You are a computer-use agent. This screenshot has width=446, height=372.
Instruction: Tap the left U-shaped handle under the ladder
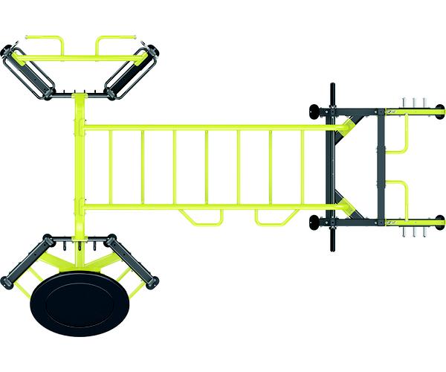(201, 217)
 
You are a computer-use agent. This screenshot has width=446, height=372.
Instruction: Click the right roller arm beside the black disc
(134, 262)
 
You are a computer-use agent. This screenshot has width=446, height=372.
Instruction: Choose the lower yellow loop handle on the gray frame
(401, 197)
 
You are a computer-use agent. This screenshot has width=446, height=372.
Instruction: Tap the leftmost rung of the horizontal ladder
(110, 167)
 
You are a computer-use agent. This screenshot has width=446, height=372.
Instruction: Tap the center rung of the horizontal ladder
(207, 167)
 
